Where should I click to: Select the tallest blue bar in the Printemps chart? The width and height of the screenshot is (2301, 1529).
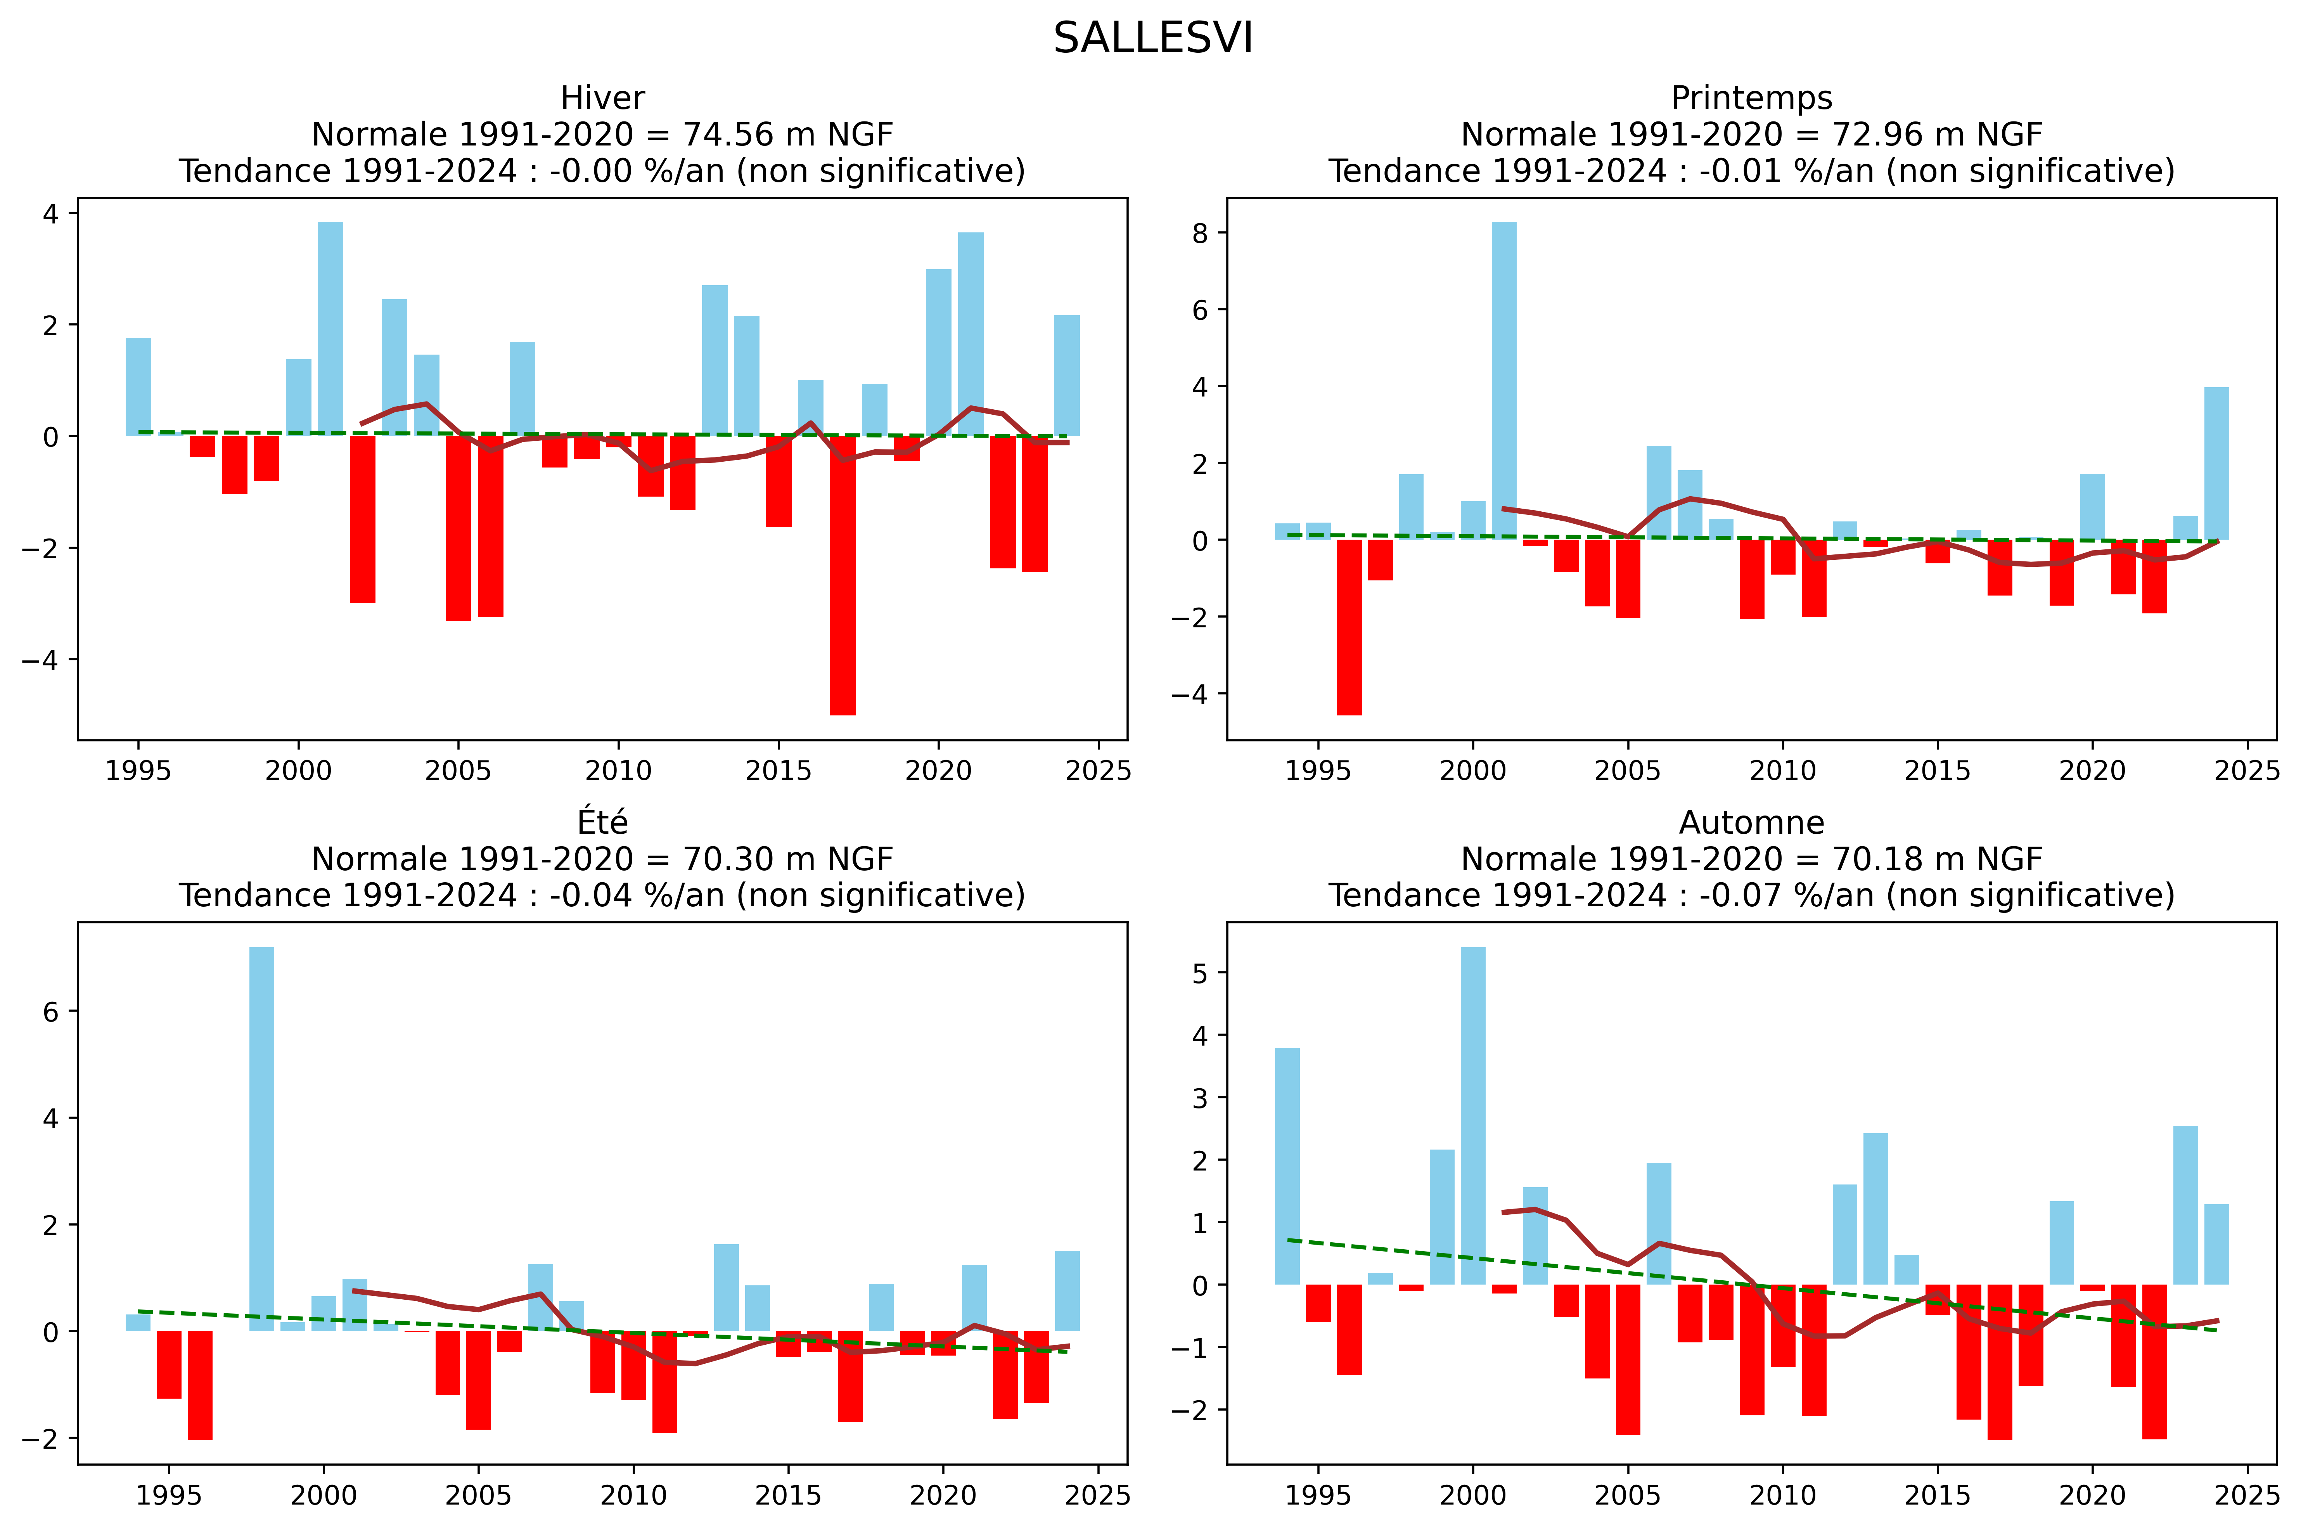[1503, 380]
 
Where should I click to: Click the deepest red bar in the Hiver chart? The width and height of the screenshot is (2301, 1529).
[843, 575]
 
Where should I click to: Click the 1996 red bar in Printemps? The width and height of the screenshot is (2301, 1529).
[1348, 627]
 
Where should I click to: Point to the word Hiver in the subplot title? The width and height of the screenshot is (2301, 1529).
[602, 99]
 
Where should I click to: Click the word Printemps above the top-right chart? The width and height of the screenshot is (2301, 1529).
[1751, 99]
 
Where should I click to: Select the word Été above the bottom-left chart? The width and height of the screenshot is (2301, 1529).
[602, 823]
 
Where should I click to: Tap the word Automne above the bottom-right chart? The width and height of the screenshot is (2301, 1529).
[1751, 823]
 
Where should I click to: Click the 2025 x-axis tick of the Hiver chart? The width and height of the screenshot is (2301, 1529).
[1098, 771]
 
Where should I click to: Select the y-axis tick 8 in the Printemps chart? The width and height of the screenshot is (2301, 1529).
[1199, 233]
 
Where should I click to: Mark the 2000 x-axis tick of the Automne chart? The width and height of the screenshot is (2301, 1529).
[1472, 1495]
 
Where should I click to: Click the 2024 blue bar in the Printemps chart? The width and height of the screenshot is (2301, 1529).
[2216, 463]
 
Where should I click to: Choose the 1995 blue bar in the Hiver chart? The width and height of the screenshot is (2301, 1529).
[138, 386]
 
